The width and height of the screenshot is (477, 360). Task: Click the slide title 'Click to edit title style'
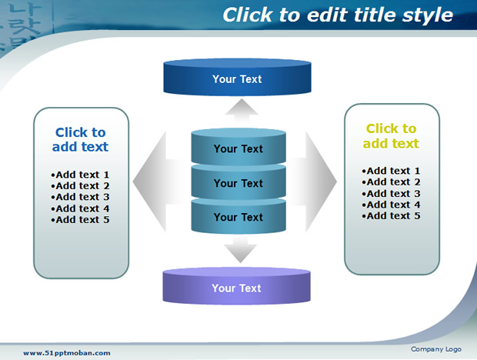[338, 15]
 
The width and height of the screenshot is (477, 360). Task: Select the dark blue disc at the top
[237, 77]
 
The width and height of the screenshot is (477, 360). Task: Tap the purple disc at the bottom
[237, 286]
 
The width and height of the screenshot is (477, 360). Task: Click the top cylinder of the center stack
[239, 147]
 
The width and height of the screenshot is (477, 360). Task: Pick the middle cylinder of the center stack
[239, 182]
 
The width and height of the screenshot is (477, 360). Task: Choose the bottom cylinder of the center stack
[239, 216]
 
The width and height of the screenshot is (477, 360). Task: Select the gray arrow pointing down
[241, 250]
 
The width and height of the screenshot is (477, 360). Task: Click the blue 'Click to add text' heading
[80, 139]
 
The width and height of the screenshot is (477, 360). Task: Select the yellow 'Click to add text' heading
[391, 136]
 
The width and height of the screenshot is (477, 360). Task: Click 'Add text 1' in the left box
[80, 175]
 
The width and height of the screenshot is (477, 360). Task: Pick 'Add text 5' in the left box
[80, 219]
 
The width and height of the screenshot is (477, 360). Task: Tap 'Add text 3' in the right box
[391, 193]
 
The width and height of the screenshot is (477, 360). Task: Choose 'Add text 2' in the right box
[391, 182]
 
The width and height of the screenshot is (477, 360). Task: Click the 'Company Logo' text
[436, 349]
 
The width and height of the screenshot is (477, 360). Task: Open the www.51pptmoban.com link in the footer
[67, 353]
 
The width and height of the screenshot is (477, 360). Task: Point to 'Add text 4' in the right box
[391, 205]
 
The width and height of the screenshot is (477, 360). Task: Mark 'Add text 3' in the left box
[80, 197]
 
